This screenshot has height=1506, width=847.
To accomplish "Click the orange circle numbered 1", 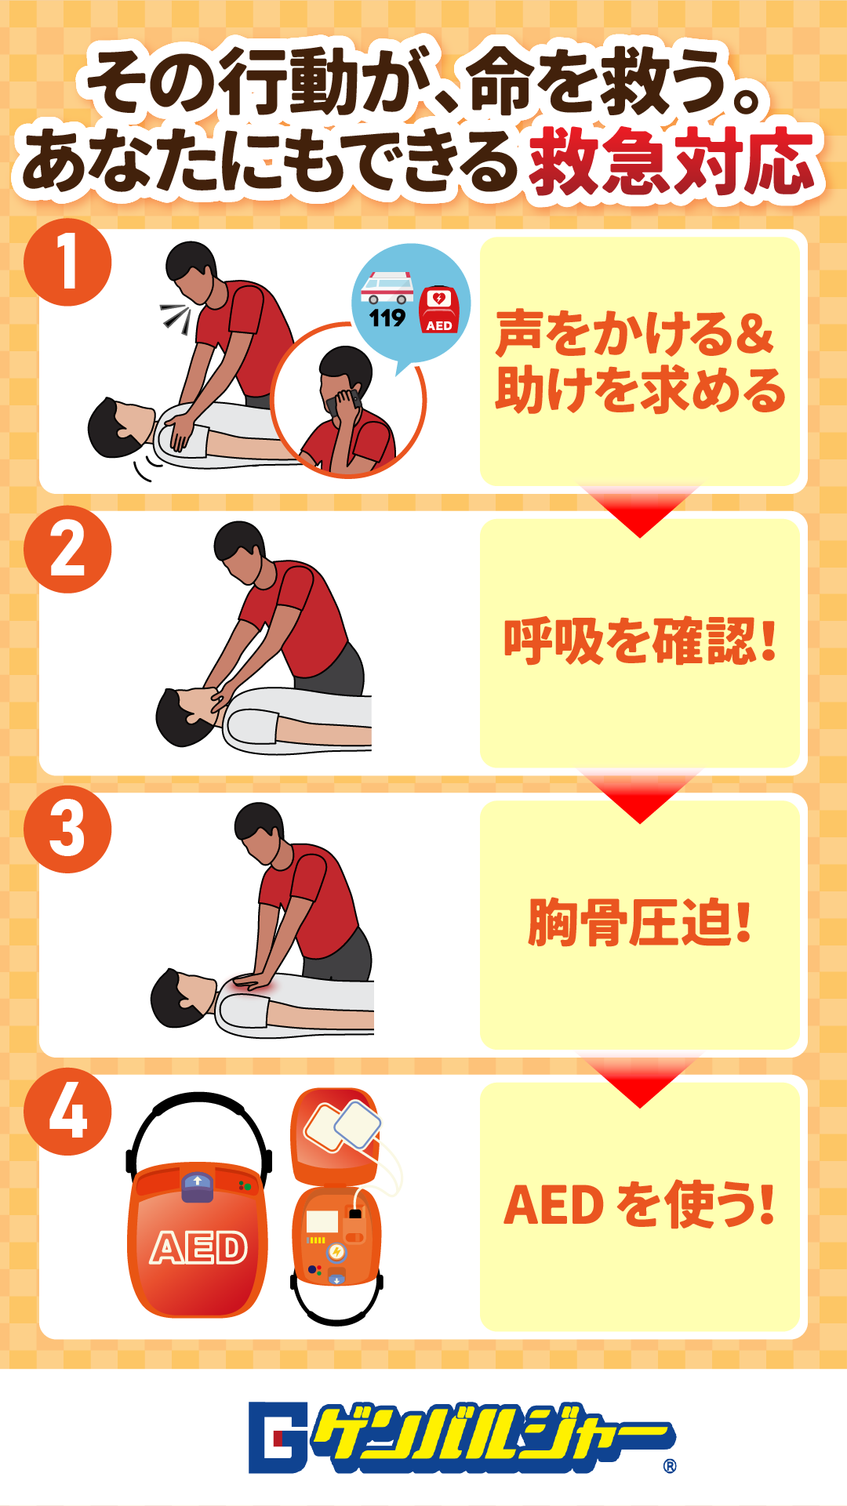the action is point(67,262).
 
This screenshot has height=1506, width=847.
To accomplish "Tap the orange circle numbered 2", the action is point(67,549).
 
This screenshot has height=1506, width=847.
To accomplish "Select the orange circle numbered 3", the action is point(67,829).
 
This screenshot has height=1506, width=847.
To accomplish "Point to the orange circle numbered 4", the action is point(67,1112).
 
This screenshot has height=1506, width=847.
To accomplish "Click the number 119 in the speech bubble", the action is point(387,318).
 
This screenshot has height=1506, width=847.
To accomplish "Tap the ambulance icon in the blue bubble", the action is point(387,287).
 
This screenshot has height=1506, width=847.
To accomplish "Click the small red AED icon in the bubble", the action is point(438,309).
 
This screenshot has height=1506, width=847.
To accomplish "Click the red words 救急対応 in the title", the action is point(673,162).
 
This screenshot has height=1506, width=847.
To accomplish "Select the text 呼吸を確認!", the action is point(640,641).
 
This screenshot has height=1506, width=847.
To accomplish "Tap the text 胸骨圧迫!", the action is point(640,923).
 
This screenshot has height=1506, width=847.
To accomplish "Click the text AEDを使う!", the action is point(640,1204).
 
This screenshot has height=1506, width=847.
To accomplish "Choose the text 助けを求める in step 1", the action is point(640,390).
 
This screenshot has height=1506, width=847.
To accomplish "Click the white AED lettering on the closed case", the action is point(199,1248).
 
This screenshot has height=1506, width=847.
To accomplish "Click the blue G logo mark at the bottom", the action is point(278,1437).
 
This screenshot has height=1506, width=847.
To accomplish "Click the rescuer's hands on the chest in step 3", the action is point(253,979).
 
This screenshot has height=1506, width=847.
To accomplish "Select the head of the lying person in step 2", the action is point(187,716).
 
